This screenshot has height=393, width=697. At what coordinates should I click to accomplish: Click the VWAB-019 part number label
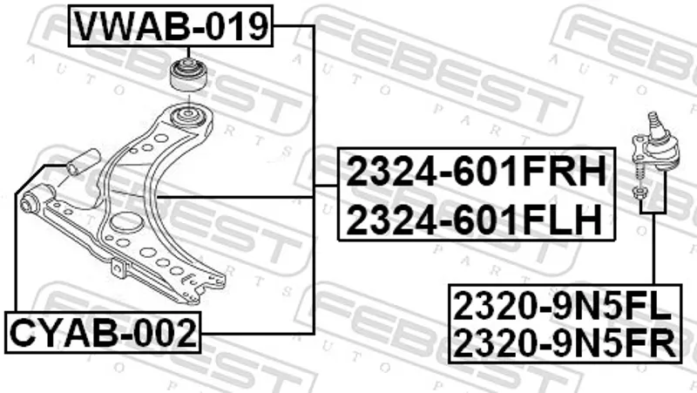coord(171,26)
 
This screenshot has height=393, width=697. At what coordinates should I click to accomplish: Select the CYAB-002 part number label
coord(103,333)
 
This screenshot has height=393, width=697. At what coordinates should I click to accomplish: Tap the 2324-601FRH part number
coord(476,172)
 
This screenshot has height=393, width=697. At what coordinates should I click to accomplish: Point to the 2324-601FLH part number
coord(474,220)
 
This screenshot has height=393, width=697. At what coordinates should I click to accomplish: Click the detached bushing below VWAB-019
coord(188,74)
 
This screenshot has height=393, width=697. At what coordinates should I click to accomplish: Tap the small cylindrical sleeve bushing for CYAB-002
coord(83,162)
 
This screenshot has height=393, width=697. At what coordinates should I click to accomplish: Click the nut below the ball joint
coord(639,193)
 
